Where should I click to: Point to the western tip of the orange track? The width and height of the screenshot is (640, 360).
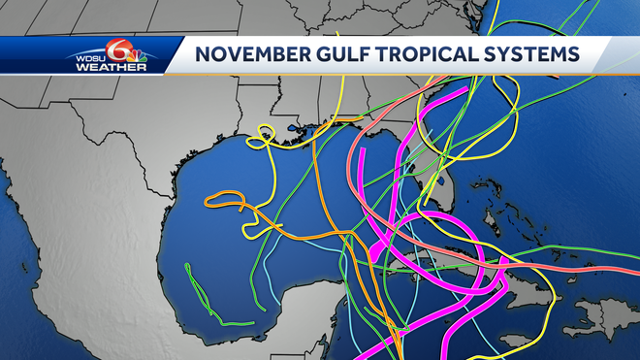coord(207,202)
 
